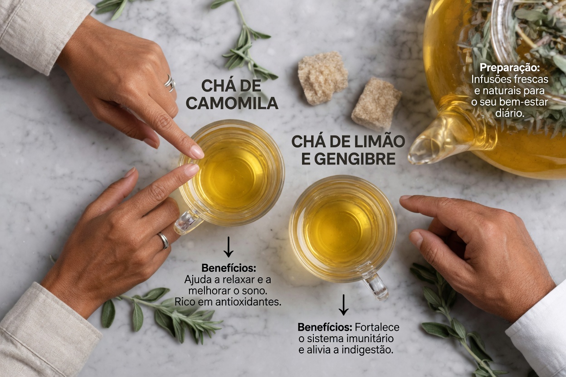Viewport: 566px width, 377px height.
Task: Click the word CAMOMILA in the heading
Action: pos(232,103)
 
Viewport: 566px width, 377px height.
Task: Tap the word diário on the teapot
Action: pos(510,112)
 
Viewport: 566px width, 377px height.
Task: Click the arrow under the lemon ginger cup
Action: pos(344,304)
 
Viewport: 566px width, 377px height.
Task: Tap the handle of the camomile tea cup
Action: pos(188,222)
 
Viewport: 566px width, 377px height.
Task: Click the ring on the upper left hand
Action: pos(170,83)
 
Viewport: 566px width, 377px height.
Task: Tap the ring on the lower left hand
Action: pos(163,240)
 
